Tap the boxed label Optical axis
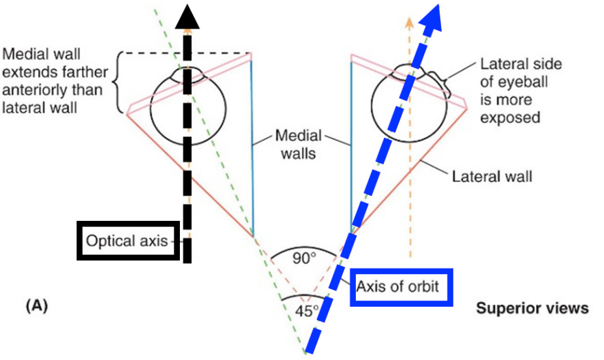[x=128, y=241]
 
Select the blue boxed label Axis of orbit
[x=402, y=287]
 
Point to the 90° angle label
[x=304, y=258]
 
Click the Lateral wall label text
[x=492, y=177]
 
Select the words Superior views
[x=532, y=309]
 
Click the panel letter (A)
[x=35, y=306]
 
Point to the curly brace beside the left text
[x=122, y=83]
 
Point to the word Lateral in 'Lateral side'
[x=500, y=65]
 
